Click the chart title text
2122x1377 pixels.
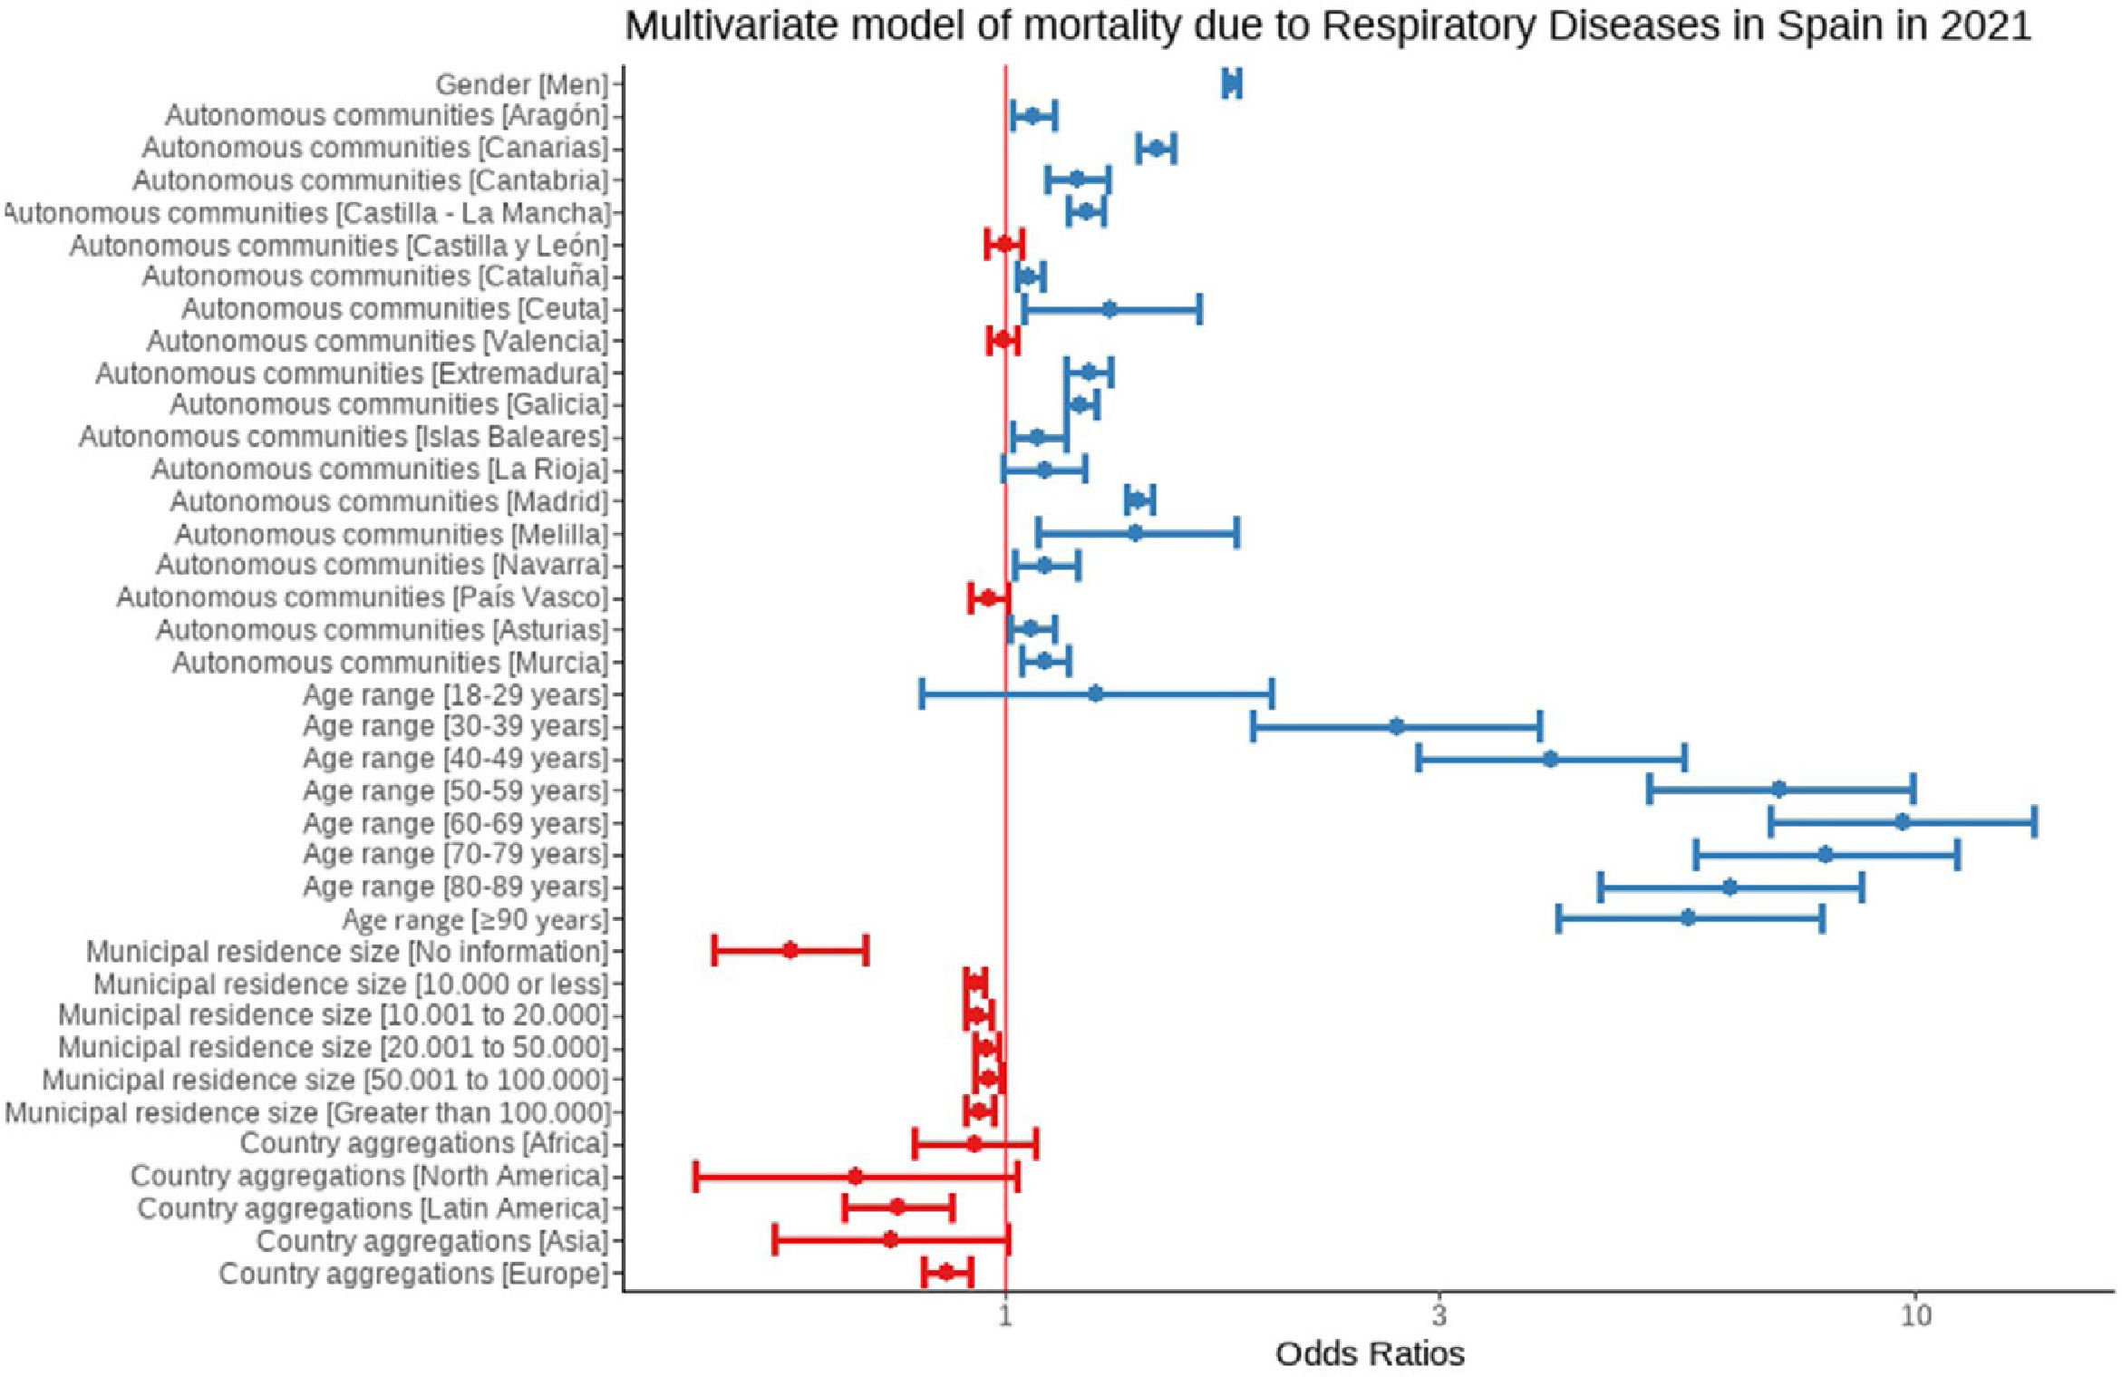(1328, 26)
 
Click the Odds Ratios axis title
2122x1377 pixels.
(1370, 1353)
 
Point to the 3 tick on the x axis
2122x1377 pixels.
(1439, 1314)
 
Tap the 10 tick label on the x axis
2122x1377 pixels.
(1914, 1314)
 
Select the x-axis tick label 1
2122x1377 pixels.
(1006, 1314)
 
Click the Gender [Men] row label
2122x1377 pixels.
(521, 84)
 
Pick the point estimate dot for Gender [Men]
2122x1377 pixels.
(1231, 83)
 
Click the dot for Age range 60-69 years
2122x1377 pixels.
(1903, 822)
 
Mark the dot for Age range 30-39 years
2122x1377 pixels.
(1396, 726)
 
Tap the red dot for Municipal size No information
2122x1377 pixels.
(790, 950)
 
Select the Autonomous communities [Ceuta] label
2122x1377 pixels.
(394, 309)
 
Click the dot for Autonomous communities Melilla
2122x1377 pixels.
(1135, 533)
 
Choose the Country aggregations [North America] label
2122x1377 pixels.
(369, 1176)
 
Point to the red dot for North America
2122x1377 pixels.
(855, 1177)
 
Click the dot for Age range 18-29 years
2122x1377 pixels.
(1095, 694)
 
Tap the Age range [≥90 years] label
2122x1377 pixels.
(474, 919)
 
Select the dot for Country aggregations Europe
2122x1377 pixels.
(945, 1272)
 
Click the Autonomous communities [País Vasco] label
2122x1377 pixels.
(362, 597)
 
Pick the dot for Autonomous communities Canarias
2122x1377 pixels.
(1156, 148)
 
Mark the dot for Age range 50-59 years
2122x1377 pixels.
(1778, 790)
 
